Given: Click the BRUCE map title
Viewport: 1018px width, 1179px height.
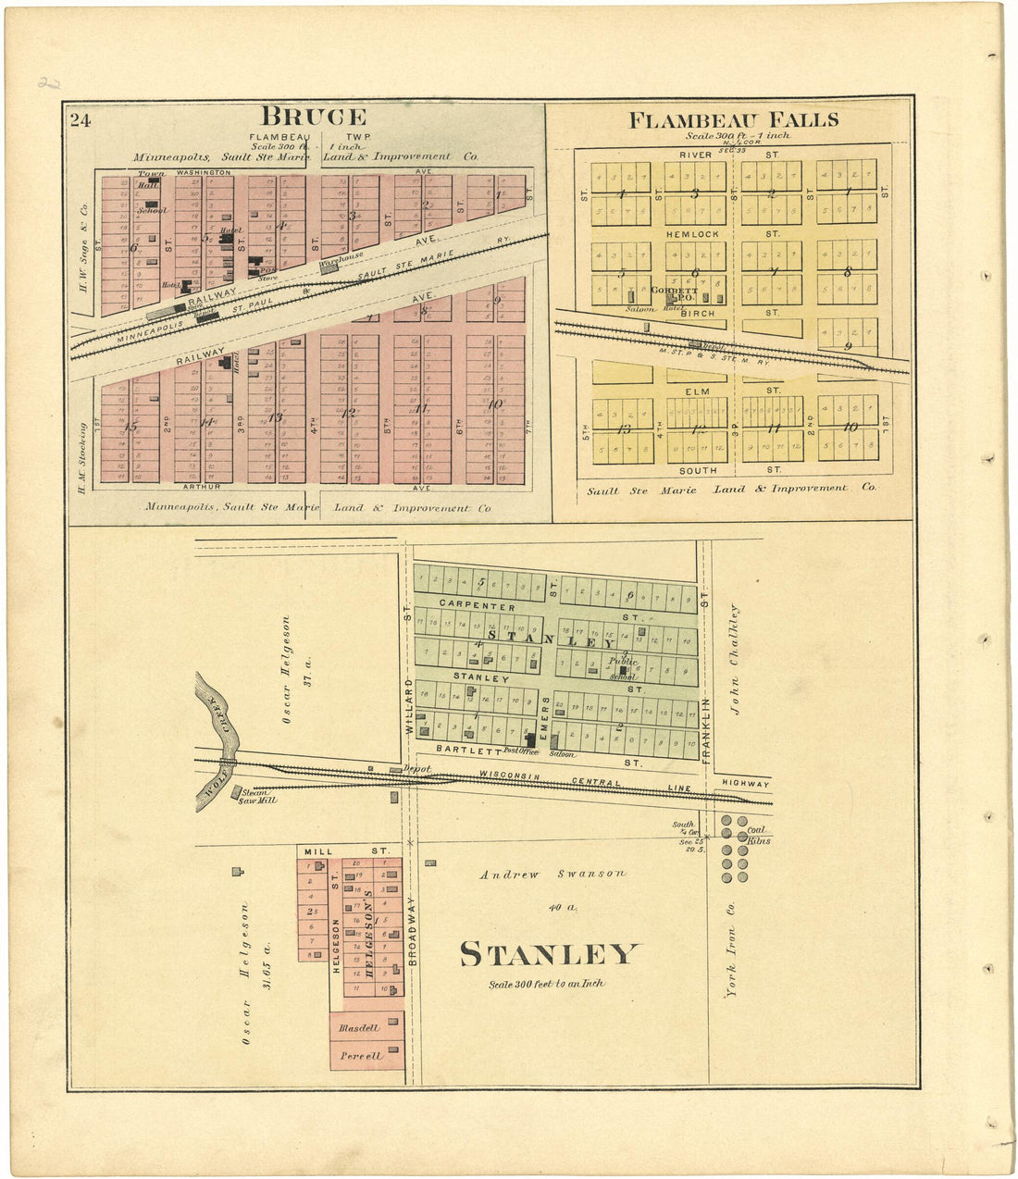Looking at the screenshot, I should click(x=313, y=117).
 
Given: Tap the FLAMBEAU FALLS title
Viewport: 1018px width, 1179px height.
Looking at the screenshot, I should click(x=734, y=119).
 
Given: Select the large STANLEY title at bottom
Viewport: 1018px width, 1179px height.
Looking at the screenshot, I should click(x=549, y=954).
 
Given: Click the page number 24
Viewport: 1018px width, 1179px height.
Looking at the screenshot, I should click(x=80, y=118).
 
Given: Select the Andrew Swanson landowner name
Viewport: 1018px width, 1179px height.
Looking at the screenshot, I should click(x=552, y=874).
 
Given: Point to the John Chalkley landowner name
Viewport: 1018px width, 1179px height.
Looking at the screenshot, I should click(x=736, y=659).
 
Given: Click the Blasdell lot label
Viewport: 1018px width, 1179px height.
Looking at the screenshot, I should click(x=359, y=1028).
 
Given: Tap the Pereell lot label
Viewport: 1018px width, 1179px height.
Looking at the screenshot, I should click(x=360, y=1055).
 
